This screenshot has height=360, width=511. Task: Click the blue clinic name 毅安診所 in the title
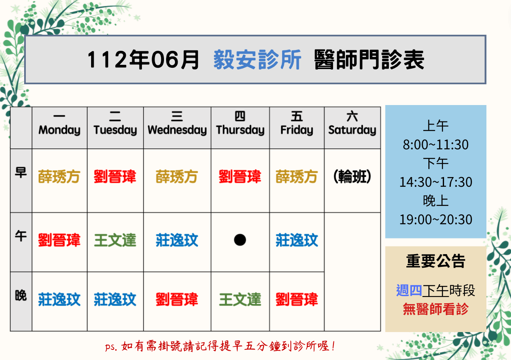click(257, 60)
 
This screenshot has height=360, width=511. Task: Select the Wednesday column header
click(177, 124)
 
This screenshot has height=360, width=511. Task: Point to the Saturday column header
click(352, 123)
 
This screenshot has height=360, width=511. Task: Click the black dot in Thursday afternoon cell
click(240, 240)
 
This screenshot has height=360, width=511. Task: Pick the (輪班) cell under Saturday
click(352, 177)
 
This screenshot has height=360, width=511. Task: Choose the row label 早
click(21, 173)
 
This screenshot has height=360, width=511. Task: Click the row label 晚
click(21, 296)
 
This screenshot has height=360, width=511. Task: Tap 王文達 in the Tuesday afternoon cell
click(115, 240)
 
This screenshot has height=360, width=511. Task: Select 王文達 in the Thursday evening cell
click(240, 299)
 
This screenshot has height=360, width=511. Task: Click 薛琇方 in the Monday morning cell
click(59, 177)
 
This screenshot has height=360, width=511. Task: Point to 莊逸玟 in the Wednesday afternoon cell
click(177, 240)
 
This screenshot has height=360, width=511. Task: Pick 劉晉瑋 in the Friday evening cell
click(297, 299)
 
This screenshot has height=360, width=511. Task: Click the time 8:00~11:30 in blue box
click(436, 144)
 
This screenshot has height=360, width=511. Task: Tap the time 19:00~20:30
click(436, 219)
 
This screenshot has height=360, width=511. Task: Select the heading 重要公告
click(436, 261)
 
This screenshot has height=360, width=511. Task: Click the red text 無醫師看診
click(436, 309)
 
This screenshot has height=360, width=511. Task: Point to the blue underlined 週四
click(409, 291)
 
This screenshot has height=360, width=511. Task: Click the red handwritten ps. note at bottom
click(220, 346)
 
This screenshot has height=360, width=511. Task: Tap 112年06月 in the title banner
click(143, 60)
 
